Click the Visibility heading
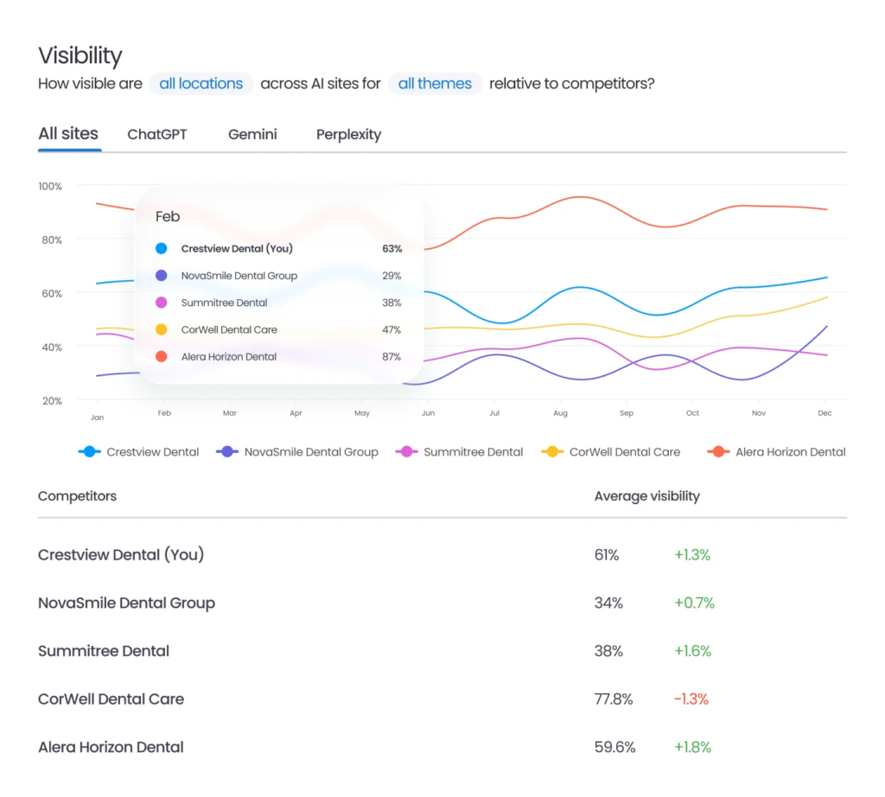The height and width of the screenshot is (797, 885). click(80, 56)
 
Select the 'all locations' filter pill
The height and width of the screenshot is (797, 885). click(201, 84)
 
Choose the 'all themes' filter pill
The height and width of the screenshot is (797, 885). click(435, 84)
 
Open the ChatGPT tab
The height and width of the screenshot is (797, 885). click(156, 135)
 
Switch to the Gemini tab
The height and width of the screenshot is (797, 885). click(252, 135)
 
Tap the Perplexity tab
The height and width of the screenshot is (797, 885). click(348, 135)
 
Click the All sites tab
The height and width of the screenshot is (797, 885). click(68, 134)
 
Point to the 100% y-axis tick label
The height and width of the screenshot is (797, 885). click(50, 187)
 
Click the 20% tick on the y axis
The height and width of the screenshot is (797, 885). click(51, 401)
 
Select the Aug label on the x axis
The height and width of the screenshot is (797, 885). click(560, 414)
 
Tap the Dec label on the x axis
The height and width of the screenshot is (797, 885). click(825, 414)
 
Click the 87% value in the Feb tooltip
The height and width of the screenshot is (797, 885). click(392, 356)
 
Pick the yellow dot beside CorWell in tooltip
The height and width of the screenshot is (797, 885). click(161, 329)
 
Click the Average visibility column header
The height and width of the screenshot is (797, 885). click(646, 496)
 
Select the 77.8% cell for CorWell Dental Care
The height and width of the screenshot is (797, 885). click(612, 698)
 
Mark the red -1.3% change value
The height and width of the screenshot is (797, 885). click(692, 698)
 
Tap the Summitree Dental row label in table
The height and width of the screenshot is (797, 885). click(104, 651)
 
